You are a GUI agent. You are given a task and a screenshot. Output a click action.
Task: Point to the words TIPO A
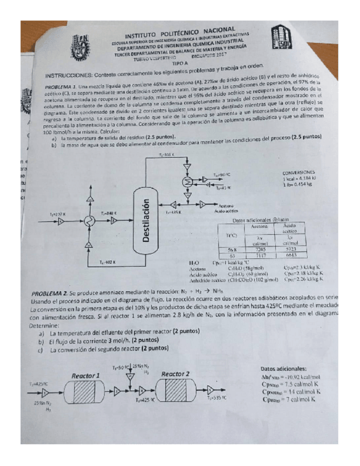coord(180,64)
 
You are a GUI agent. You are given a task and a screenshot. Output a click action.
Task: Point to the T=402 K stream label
coord(107,262)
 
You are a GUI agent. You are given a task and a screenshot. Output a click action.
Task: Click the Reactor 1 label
coord(85,375)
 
